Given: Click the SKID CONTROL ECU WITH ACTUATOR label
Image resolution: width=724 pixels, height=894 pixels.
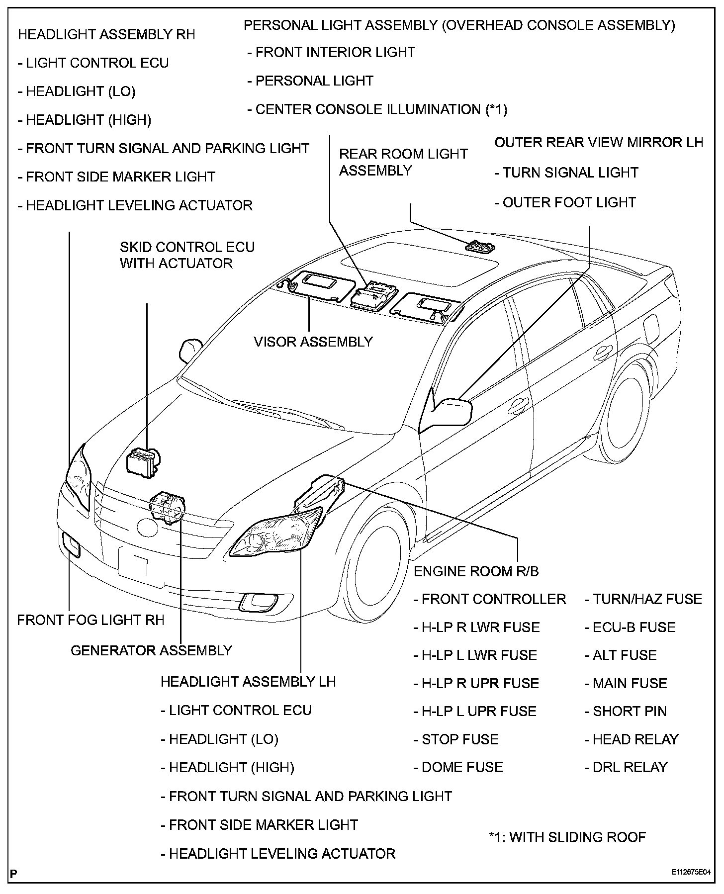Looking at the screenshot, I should coord(187,255).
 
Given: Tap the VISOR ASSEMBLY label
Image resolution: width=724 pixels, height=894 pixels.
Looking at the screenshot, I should coord(313,342).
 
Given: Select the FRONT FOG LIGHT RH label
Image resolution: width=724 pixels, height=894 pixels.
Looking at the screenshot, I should coord(90,620).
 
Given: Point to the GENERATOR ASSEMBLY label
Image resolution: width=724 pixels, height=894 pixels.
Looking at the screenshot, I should coord(151,650).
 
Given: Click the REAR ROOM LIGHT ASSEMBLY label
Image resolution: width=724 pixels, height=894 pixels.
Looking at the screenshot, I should coord(403,162).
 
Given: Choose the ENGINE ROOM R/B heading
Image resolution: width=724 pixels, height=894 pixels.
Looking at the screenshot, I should coord(476,571).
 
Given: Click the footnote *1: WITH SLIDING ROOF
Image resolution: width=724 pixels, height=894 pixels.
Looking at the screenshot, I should coord(567,837).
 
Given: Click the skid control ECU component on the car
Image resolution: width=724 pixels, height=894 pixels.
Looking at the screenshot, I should coord(143,462).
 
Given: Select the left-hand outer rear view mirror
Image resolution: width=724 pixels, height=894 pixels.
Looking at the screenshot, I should coord(452,412).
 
